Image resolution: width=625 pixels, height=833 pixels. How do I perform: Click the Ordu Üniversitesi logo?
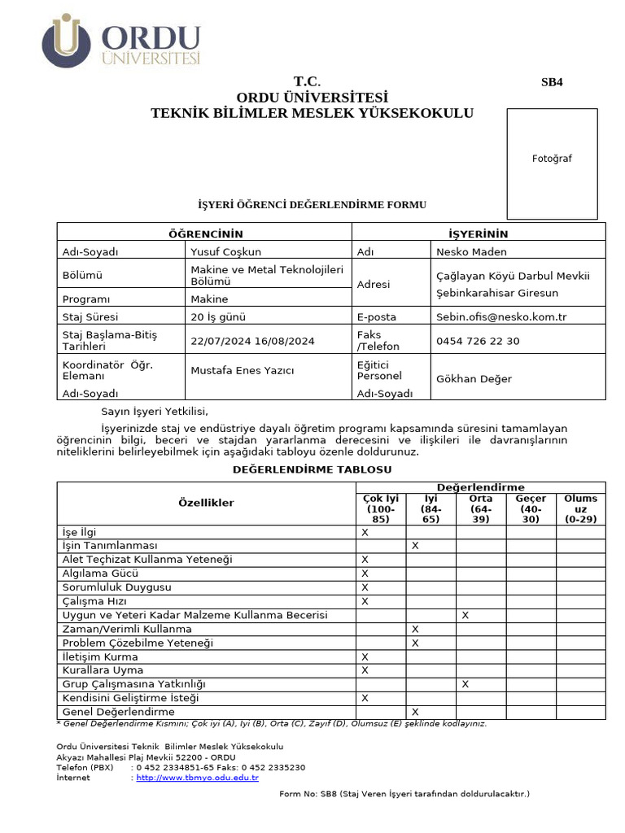point(121,41)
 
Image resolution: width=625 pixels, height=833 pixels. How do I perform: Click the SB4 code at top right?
point(552,82)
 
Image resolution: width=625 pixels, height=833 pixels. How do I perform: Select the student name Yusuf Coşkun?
point(226,252)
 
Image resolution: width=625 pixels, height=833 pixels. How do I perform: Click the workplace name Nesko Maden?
point(471,252)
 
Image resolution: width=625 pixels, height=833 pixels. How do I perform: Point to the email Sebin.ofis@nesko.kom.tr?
point(501,317)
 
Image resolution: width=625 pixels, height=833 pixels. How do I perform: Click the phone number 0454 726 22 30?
point(478,341)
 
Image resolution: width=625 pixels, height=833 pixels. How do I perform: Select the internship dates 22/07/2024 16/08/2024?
point(252,341)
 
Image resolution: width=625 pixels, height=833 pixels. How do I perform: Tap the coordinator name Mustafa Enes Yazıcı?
point(242,371)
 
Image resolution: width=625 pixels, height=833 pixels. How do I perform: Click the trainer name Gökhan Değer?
point(474,379)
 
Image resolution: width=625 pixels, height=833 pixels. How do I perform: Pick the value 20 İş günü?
point(218,317)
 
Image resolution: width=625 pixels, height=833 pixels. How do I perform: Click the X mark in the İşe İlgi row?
point(365,532)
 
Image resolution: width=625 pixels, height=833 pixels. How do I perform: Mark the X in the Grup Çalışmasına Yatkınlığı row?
point(465,684)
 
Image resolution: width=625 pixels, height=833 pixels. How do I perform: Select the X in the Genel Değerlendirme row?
point(415,712)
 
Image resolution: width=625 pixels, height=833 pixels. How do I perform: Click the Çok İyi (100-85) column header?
point(381,508)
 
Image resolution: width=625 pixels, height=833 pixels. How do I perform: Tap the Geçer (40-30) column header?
point(531,508)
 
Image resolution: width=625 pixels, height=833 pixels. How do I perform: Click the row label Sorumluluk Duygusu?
point(116,587)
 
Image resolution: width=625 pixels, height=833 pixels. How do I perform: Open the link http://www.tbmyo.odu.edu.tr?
point(197,778)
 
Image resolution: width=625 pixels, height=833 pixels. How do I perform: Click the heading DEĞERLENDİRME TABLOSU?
point(312,470)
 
